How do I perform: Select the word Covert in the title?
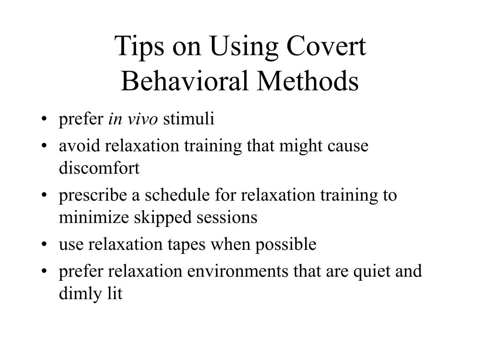(327, 48)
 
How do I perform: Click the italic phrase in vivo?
(133, 120)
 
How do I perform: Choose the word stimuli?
(188, 120)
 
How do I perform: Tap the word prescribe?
(92, 195)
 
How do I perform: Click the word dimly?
(77, 294)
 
